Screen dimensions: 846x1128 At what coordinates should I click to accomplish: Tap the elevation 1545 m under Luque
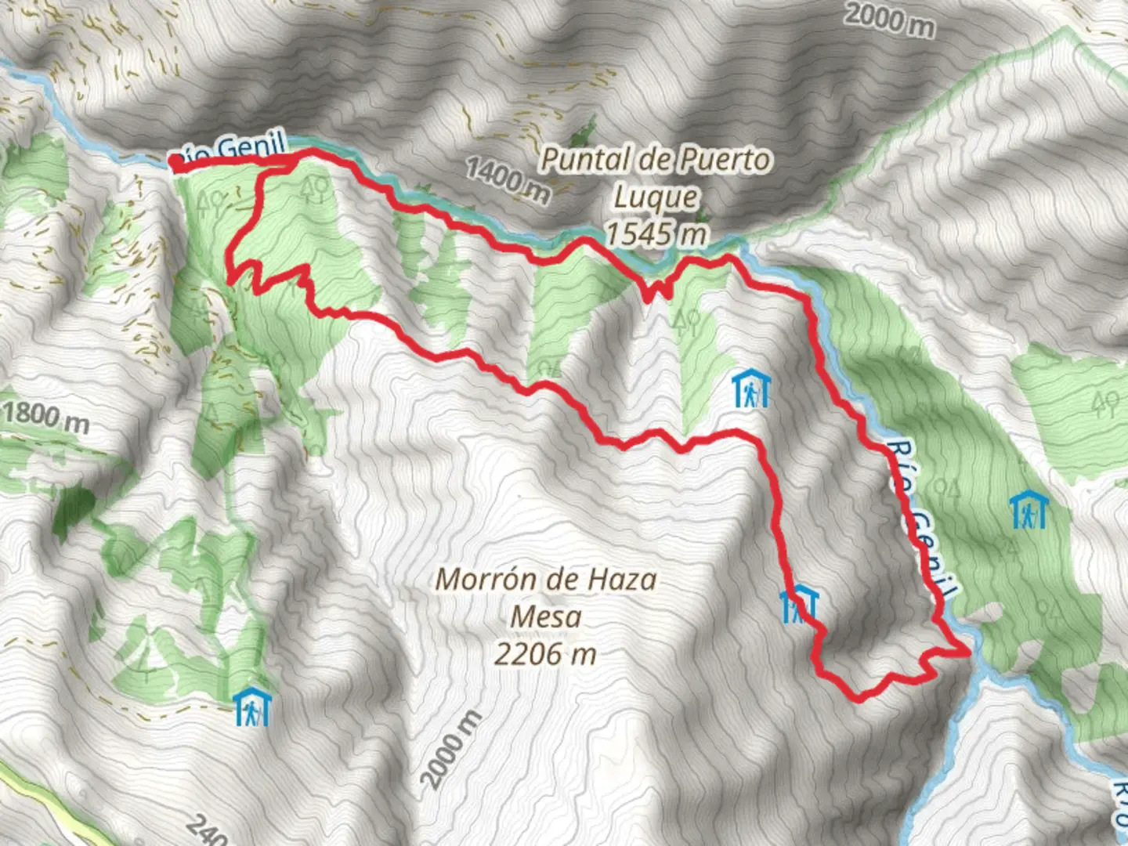tap(656, 233)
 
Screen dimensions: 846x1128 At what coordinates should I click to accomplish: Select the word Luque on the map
tap(655, 197)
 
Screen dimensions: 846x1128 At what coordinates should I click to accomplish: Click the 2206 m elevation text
tap(545, 653)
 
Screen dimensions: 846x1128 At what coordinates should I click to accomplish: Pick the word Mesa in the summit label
tap(545, 616)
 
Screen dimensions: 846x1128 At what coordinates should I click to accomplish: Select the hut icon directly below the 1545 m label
tap(751, 389)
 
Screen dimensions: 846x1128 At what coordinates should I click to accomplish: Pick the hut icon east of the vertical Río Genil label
tap(1029, 510)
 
